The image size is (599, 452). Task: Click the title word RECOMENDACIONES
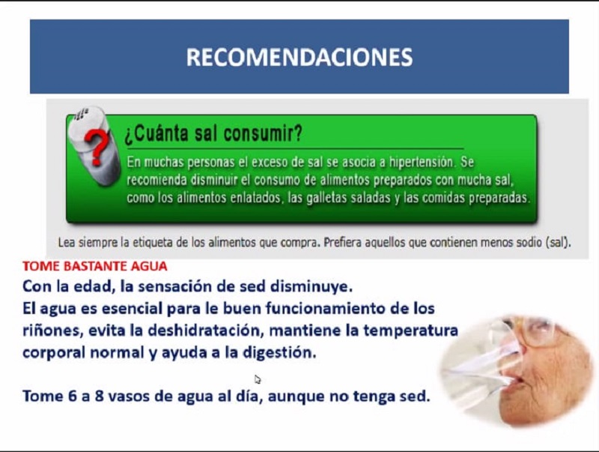(299, 57)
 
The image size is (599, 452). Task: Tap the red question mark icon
(97, 147)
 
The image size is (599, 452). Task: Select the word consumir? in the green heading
(264, 133)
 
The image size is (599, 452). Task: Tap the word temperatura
(410, 331)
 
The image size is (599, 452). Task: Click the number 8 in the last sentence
(100, 397)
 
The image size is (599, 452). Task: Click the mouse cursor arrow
(258, 379)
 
